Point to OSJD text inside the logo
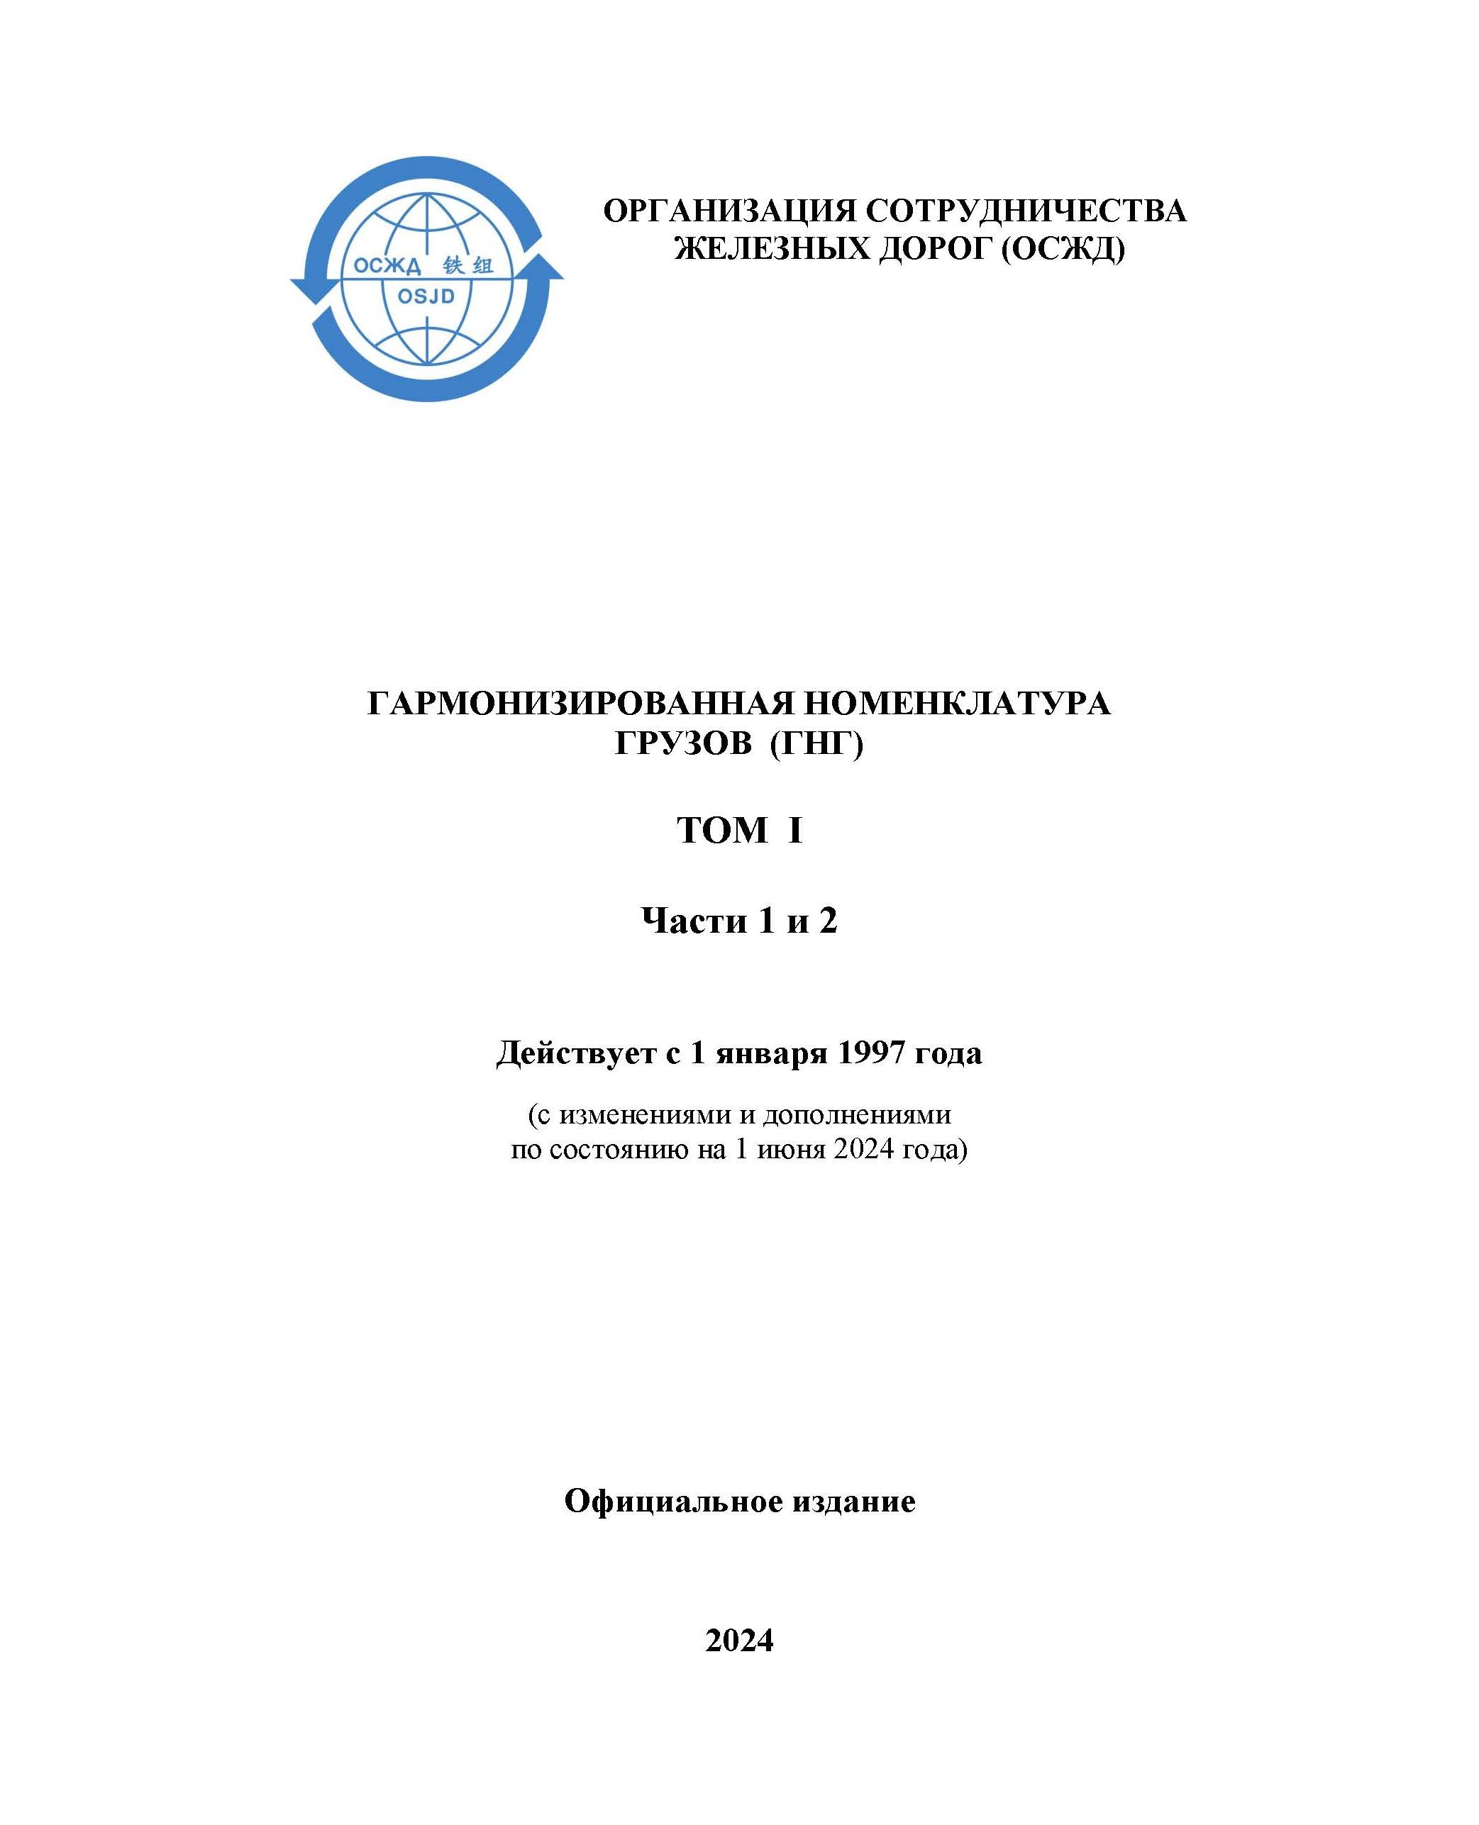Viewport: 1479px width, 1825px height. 426,296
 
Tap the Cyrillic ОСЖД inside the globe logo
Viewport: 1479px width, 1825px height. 387,267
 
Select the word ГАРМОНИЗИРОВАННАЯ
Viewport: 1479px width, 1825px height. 579,703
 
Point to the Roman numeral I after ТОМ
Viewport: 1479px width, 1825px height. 796,831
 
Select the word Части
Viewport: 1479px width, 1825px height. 692,921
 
